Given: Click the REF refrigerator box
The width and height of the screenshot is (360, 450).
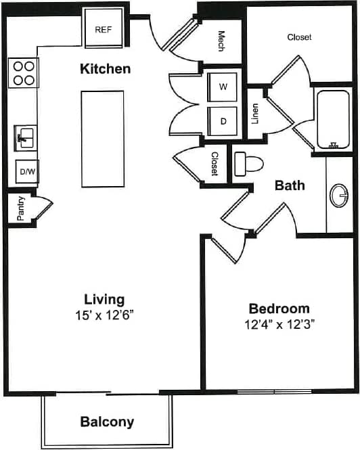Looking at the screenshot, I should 104,29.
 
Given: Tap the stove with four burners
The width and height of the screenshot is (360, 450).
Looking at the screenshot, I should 24,73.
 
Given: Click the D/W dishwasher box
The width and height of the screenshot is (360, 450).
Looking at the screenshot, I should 27,172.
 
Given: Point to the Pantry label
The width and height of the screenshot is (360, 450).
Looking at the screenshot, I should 21,208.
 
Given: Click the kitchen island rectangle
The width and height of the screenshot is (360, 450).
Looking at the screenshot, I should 102,139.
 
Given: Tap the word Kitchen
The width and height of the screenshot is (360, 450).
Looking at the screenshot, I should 105,69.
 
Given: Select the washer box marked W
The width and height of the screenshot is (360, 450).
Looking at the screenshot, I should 223,87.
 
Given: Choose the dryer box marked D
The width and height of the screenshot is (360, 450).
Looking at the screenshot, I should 223,122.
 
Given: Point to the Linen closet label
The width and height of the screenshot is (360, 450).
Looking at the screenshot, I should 255,114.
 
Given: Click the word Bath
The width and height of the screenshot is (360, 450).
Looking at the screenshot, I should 290,185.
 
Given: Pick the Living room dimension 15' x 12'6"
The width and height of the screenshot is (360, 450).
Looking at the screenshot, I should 104,315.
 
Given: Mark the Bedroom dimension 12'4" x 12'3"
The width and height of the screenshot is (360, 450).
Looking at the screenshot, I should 279,324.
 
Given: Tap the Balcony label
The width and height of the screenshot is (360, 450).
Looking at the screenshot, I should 107,422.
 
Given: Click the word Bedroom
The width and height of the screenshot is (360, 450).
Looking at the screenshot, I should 279,308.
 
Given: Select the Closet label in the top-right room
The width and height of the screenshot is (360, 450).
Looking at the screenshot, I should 299,37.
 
